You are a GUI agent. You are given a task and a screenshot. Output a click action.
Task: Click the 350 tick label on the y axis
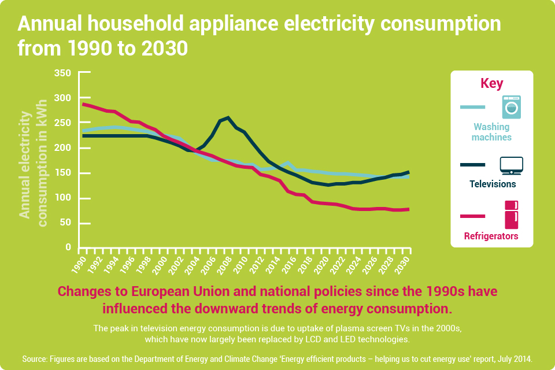(x=62, y=73)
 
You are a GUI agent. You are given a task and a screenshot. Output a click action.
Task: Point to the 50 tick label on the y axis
(x=66, y=223)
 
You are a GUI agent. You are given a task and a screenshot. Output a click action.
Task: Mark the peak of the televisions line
(x=227, y=118)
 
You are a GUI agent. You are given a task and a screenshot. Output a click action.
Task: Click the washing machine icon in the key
(x=511, y=107)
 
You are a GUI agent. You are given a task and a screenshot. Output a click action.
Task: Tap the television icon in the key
(x=511, y=165)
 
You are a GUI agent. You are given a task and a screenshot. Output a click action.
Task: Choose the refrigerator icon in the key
(x=511, y=214)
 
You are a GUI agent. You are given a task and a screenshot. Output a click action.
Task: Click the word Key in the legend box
(x=491, y=83)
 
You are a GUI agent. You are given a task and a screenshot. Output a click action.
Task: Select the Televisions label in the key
(x=491, y=184)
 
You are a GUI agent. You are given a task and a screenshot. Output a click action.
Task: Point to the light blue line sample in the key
(x=472, y=107)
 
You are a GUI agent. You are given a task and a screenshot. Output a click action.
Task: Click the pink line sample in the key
(x=472, y=216)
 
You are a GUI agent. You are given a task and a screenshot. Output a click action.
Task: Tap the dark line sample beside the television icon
(x=472, y=165)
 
